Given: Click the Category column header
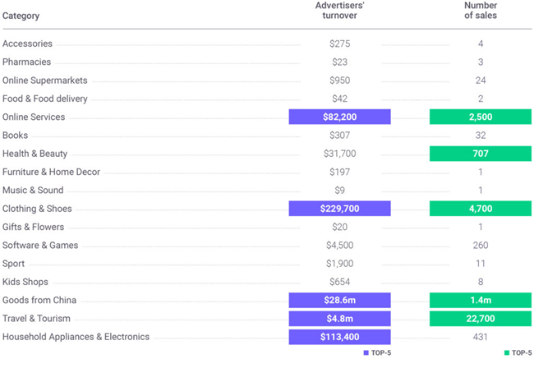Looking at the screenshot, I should click(21, 16).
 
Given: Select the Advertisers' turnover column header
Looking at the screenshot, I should click(340, 11).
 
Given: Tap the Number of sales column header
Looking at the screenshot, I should click(480, 11).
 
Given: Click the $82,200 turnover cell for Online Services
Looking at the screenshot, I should click(339, 117).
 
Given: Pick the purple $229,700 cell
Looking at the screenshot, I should click(339, 209).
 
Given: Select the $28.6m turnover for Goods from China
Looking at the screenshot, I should click(339, 301).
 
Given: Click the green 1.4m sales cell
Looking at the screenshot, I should click(480, 301).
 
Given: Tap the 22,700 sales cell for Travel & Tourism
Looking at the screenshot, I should click(480, 319).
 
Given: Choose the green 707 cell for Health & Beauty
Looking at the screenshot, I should click(480, 154).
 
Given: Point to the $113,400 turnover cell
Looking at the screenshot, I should click(339, 337).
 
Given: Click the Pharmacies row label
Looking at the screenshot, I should click(26, 62).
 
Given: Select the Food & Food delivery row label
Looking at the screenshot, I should click(45, 99).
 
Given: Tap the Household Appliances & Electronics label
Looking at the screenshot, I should click(76, 337).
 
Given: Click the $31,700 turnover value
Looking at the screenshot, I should click(339, 154).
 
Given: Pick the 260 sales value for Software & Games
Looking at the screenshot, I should click(480, 246).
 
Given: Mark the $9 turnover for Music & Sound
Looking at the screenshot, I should click(339, 191).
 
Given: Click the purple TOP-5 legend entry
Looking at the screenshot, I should click(378, 353).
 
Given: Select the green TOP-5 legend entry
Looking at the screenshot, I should click(517, 353).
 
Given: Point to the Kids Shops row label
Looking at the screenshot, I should click(25, 282).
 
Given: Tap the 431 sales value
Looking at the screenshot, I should click(480, 337).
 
